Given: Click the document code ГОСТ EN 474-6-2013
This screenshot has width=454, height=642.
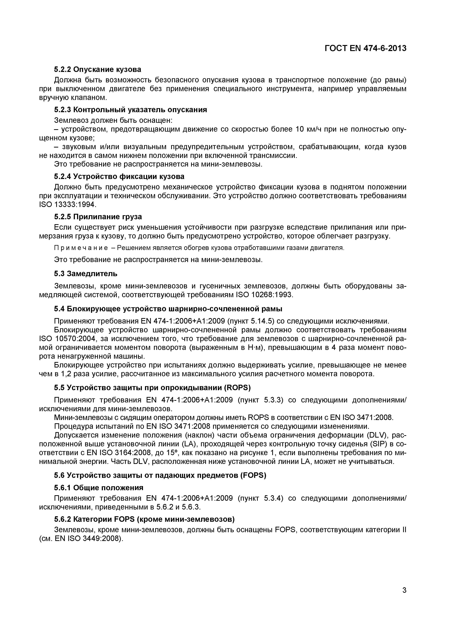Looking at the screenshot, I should (x=365, y=49).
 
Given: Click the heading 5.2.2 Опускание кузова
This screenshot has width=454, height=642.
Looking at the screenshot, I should (x=98, y=69).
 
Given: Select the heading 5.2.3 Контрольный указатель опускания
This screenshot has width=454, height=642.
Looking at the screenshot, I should (x=130, y=110).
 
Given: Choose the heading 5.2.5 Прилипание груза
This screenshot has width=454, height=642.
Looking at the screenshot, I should (x=98, y=217).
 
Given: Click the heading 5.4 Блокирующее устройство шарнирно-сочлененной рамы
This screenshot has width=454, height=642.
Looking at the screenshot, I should (x=168, y=309).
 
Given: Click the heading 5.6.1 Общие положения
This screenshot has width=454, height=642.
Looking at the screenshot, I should (x=98, y=488).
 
